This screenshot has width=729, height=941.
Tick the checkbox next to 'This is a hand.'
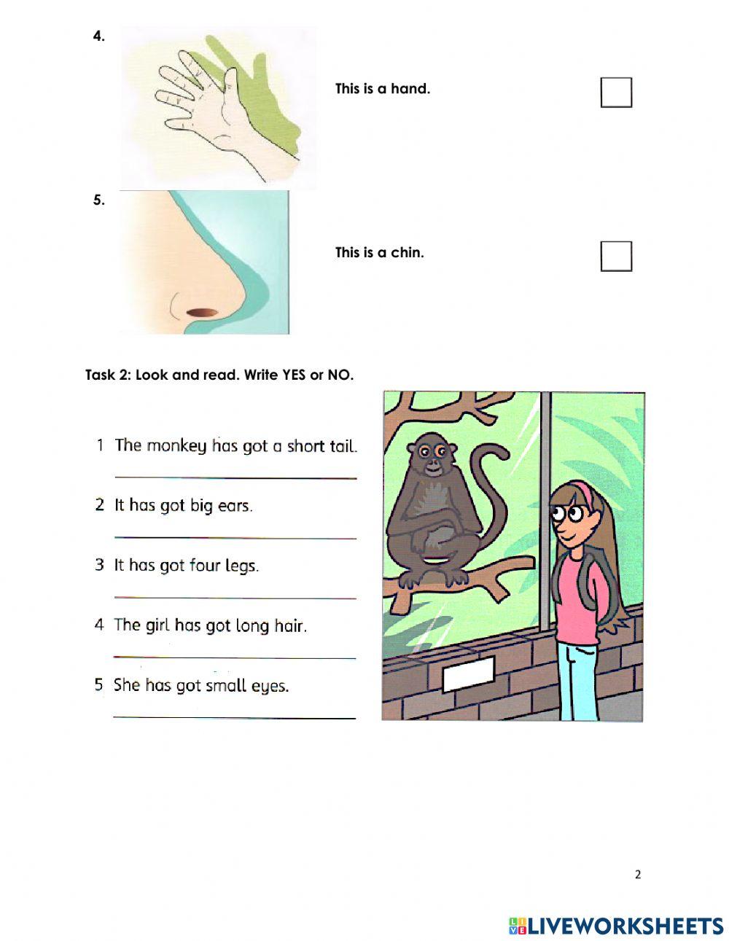click(615, 93)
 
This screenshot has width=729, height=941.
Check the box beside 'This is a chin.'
click(615, 256)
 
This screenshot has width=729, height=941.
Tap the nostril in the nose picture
click(202, 313)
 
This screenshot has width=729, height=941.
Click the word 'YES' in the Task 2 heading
click(294, 375)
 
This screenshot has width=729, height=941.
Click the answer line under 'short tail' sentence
click(235, 477)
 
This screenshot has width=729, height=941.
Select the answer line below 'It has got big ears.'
click(235, 538)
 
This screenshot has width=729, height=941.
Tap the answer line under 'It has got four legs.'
click(235, 598)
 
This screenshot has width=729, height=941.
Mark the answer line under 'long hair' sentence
click(235, 657)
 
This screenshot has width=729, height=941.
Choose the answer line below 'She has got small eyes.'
click(235, 717)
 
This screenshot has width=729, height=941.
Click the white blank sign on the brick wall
click(469, 673)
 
